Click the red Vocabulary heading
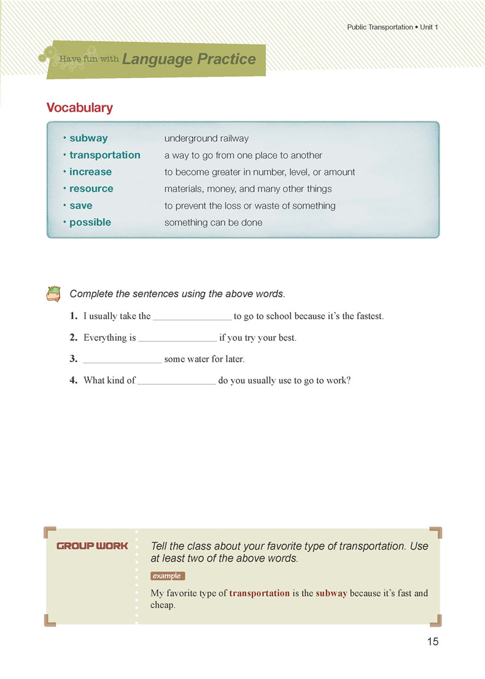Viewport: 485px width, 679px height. pos(80,108)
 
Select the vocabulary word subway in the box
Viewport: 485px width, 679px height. pos(88,139)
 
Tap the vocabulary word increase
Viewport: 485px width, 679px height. pos(90,172)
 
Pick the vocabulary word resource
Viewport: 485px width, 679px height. pos(91,188)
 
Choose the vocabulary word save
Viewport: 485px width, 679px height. pos(80,206)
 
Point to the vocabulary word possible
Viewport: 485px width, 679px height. pos(90,222)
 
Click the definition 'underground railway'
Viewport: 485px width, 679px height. pos(206,139)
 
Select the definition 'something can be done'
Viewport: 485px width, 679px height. pos(213,222)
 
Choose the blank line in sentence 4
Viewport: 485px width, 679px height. pos(177,382)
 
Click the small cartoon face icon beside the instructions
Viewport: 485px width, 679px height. pos(54,293)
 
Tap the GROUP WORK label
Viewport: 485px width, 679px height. pos(92,546)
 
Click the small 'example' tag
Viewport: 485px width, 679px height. pos(167,576)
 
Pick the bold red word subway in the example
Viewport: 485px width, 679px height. pos(332,593)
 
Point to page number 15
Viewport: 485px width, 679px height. pos(432,642)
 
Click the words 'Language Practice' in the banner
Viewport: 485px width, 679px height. pos(189,60)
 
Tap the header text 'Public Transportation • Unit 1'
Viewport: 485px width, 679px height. pos(392,28)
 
